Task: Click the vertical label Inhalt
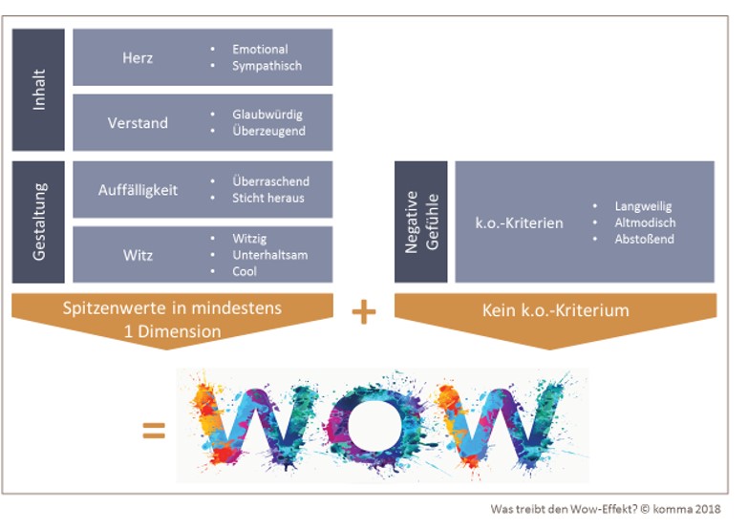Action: [x=39, y=89]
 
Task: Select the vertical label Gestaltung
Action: [x=39, y=222]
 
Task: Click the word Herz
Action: [x=138, y=57]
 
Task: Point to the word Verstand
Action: [x=138, y=122]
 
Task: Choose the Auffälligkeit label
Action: [x=138, y=190]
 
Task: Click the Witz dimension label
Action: [x=138, y=255]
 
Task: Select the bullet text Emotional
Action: [x=260, y=49]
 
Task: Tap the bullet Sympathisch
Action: [x=267, y=66]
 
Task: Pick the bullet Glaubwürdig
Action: [x=267, y=115]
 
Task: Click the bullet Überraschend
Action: [x=270, y=180]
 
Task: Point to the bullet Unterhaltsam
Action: [x=269, y=255]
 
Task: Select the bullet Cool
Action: [x=245, y=271]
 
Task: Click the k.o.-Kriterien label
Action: [x=520, y=222]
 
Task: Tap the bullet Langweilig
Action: [x=644, y=205]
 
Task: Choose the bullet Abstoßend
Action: [x=644, y=239]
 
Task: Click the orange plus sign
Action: [x=363, y=312]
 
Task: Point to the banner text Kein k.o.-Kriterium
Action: [x=555, y=311]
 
